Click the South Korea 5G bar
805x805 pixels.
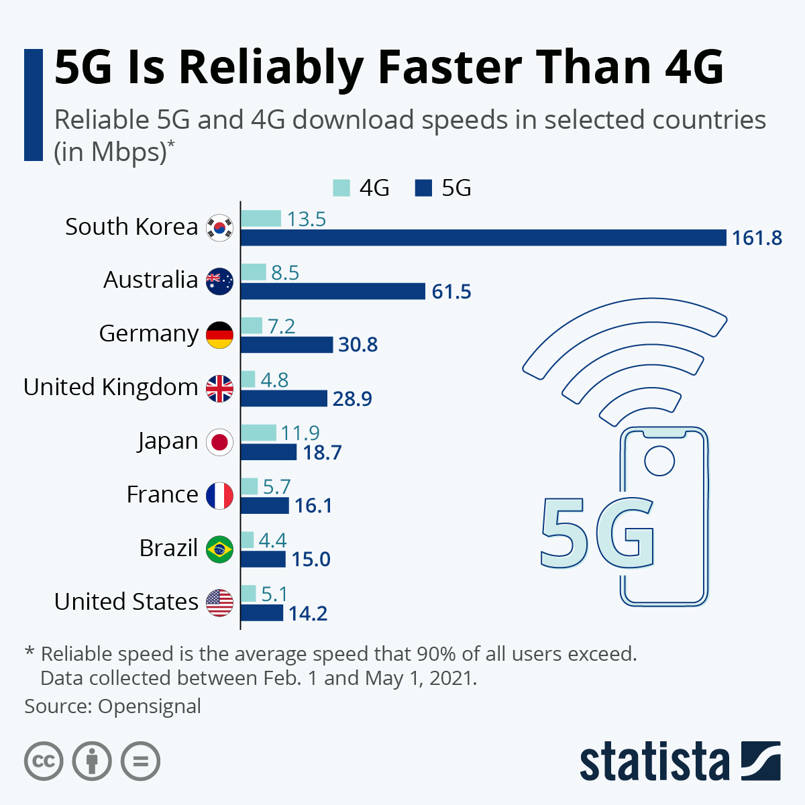(x=483, y=237)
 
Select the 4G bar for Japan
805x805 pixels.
(x=258, y=433)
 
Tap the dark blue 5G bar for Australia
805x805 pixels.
(x=333, y=291)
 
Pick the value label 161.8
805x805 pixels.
(x=757, y=238)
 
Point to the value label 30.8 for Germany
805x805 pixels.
(x=358, y=345)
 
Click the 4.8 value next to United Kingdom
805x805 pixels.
(x=274, y=380)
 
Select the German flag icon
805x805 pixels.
(x=219, y=335)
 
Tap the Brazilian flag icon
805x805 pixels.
(x=219, y=549)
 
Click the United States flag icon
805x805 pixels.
(x=219, y=603)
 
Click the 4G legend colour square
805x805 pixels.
(x=341, y=188)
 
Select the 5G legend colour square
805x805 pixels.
(x=423, y=188)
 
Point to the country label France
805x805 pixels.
(x=162, y=494)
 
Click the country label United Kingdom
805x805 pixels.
(x=111, y=387)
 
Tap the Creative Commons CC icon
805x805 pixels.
(x=44, y=761)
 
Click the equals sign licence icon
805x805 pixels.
(x=141, y=761)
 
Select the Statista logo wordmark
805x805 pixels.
(x=654, y=762)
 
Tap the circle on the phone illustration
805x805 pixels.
(x=659, y=461)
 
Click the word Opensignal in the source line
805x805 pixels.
(x=150, y=706)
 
